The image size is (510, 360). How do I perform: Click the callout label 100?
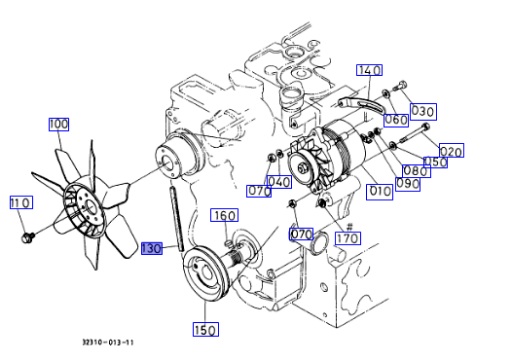click(x=59, y=124)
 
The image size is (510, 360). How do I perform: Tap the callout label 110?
click(x=21, y=202)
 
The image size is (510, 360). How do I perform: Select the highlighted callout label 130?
click(x=152, y=248)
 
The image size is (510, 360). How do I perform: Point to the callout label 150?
click(x=206, y=329)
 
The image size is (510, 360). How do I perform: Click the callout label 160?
click(x=224, y=215)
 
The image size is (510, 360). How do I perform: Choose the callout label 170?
click(x=348, y=238)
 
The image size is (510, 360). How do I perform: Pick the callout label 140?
click(x=369, y=70)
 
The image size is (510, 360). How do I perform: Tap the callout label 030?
click(x=423, y=112)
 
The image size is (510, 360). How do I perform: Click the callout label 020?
click(x=451, y=151)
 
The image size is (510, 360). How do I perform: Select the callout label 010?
click(x=379, y=192)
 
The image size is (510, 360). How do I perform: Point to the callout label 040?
click(x=279, y=182)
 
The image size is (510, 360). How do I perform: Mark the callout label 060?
click(x=396, y=120)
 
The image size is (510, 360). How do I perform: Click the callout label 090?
click(x=408, y=184)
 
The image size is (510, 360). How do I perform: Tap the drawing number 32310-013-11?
click(x=108, y=342)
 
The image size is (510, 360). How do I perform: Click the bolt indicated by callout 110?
click(x=27, y=237)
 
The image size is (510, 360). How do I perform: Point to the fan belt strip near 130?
click(x=177, y=219)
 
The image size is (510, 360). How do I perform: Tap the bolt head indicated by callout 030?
click(x=401, y=85)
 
